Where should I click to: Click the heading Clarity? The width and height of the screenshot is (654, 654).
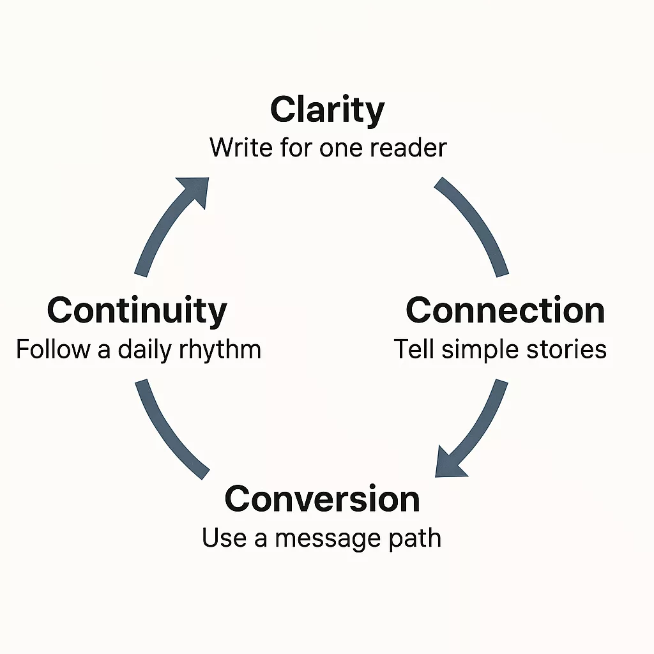327,111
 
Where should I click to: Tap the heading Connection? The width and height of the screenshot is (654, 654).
505,311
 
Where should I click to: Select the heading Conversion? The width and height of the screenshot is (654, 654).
322,499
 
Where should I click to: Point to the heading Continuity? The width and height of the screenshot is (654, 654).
137,311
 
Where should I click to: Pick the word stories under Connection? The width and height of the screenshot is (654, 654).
570,349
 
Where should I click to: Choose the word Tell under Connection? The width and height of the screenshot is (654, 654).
413,349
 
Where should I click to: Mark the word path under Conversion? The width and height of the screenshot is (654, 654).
416,538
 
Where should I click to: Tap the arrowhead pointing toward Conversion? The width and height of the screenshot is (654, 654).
449,462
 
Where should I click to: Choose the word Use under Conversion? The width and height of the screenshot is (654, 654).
224,538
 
